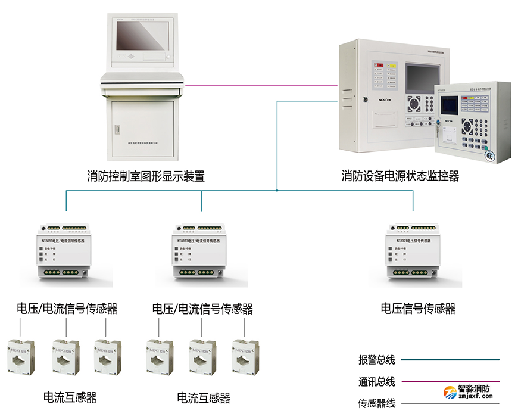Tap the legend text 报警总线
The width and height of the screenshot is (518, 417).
[377, 360]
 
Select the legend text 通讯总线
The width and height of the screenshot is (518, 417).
[377, 382]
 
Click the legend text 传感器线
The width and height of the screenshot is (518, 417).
[377, 403]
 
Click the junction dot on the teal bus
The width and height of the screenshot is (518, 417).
[277, 191]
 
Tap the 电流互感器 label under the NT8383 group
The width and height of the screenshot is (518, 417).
[70, 397]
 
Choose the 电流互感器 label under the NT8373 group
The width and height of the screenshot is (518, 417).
[204, 397]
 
